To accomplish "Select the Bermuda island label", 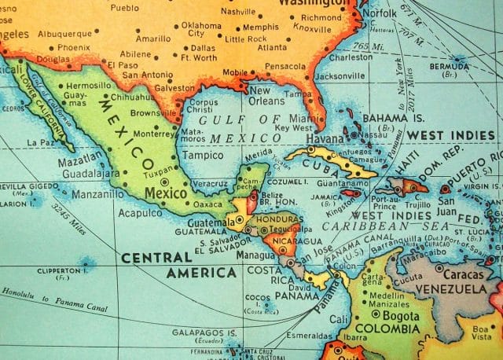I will click(x=449, y=67).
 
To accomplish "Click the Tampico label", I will click(x=202, y=155).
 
